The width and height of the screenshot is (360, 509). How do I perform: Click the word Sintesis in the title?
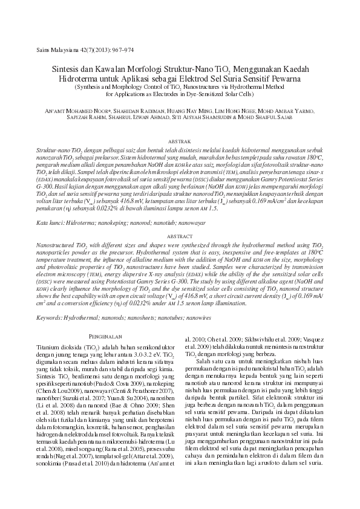pos(66,70)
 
